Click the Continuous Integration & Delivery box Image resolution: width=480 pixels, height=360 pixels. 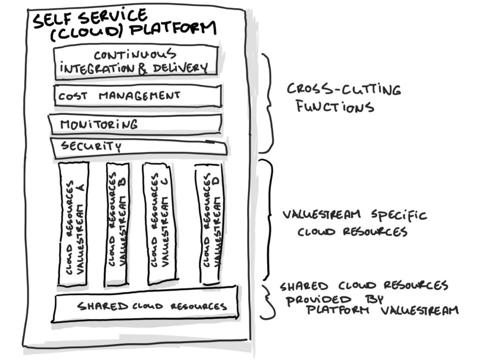[136, 62]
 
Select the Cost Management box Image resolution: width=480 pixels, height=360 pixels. [138, 96]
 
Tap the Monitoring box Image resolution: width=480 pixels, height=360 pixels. [135, 124]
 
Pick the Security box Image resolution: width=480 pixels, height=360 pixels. [139, 148]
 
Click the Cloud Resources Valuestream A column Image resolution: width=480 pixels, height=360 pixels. [73, 225]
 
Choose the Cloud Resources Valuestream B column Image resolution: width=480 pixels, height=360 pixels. [117, 225]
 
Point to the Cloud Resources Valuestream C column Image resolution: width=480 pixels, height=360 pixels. [159, 224]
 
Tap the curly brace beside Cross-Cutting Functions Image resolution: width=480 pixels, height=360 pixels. [269, 103]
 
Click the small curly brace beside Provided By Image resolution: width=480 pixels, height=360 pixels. [268, 302]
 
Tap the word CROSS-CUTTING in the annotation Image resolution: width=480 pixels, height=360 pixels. [344, 89]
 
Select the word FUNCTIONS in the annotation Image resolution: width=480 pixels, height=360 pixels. [335, 107]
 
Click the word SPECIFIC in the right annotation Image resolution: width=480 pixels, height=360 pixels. [399, 215]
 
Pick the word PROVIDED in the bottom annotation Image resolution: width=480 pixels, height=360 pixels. [319, 300]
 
